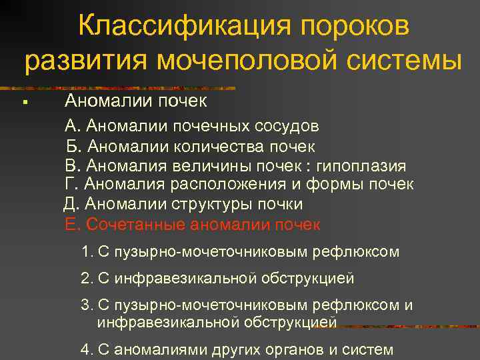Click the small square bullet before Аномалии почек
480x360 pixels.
23,102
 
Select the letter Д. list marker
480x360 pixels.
71,204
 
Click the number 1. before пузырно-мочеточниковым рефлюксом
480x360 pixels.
85,252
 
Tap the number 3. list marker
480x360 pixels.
85,305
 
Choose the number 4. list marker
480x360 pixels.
85,349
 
